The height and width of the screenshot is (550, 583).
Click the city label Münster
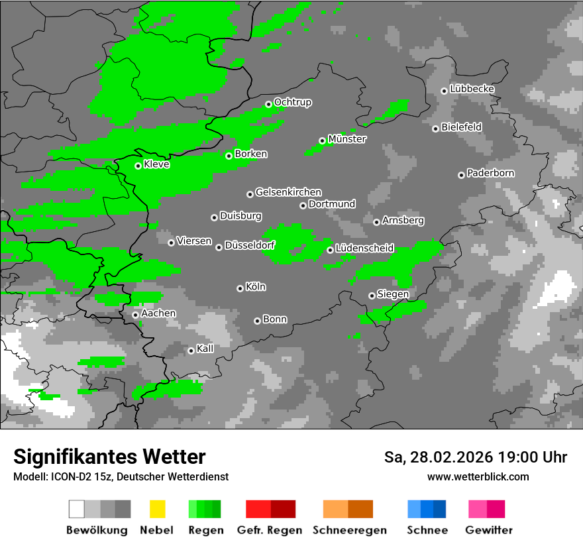[347, 139]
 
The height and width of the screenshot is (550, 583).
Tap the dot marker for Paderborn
[461, 175]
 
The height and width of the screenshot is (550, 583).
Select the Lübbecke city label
[472, 89]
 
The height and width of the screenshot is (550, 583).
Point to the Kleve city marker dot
[138, 166]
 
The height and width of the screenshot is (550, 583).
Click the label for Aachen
[158, 313]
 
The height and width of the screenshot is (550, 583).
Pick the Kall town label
[205, 349]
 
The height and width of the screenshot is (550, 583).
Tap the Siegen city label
[393, 294]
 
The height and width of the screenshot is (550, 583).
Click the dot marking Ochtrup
[268, 104]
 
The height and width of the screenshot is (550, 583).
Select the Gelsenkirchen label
[288, 192]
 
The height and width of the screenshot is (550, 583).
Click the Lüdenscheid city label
[364, 248]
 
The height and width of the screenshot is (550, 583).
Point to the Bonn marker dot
[257, 321]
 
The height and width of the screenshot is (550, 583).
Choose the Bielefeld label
[461, 127]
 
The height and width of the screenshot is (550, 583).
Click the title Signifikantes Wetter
[109, 457]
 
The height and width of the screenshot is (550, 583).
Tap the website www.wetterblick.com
[478, 476]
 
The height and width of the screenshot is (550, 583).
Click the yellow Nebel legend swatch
[157, 509]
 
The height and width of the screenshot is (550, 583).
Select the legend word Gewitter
[488, 530]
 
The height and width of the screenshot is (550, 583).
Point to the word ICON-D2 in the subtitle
[68, 476]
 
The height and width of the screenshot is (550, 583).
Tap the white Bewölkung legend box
[77, 509]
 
